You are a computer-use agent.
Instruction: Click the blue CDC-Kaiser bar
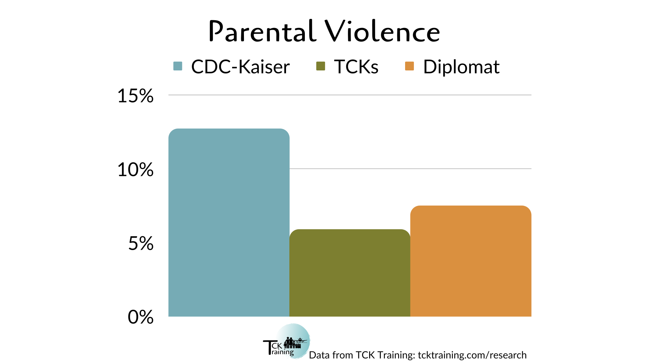click(229, 222)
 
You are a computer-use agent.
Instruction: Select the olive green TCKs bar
click(350, 273)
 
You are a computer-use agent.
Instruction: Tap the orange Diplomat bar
click(471, 261)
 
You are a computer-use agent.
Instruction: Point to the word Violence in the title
click(382, 31)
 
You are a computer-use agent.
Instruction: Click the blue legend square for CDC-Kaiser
click(178, 66)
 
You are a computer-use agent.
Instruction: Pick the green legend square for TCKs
click(321, 66)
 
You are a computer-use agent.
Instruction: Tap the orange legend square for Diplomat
click(409, 66)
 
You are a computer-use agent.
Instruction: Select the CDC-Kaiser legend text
click(240, 67)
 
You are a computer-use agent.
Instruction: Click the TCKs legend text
click(356, 67)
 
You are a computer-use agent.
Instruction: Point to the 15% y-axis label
click(135, 96)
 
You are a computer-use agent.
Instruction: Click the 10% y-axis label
click(135, 170)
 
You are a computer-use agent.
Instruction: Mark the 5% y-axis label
click(141, 243)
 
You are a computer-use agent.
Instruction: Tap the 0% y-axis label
click(141, 317)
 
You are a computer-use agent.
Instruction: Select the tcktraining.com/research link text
click(472, 355)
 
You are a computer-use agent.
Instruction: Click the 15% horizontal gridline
click(350, 95)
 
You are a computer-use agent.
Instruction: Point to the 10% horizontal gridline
click(410, 169)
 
